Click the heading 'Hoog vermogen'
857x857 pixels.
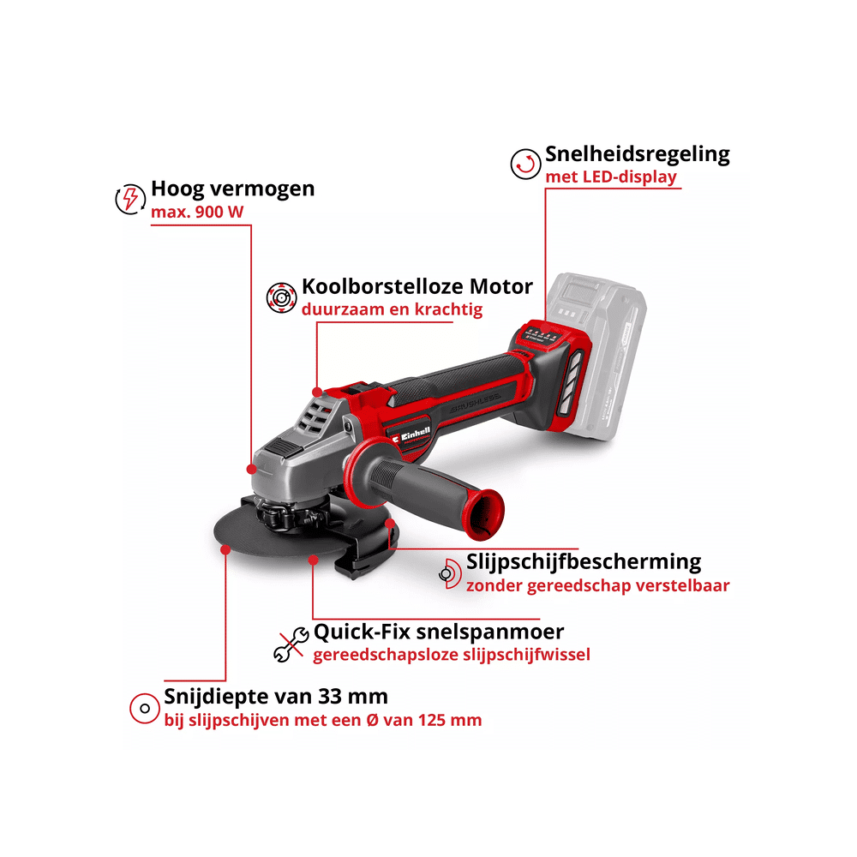click(x=233, y=189)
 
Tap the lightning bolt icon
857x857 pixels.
click(x=130, y=199)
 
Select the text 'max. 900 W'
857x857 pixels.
click(x=197, y=212)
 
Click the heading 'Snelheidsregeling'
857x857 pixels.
click(x=638, y=154)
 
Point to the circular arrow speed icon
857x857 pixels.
click(x=526, y=164)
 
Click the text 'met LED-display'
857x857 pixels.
click(x=611, y=177)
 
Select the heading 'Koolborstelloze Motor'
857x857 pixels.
click(x=417, y=286)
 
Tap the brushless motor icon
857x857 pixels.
click(x=281, y=298)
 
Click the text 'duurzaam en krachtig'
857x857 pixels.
click(x=392, y=309)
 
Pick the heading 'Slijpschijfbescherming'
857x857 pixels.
click(x=584, y=562)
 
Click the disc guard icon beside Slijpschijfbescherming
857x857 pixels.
click(x=451, y=574)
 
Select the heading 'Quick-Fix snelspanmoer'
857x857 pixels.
click(x=438, y=632)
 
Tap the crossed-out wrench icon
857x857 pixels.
click(x=291, y=644)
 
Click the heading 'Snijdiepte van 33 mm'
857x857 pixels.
click(x=276, y=697)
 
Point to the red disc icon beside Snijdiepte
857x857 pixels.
click(x=145, y=709)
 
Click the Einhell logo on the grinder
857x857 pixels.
click(x=411, y=435)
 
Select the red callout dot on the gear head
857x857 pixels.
click(x=251, y=469)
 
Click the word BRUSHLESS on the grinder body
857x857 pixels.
click(x=475, y=404)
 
